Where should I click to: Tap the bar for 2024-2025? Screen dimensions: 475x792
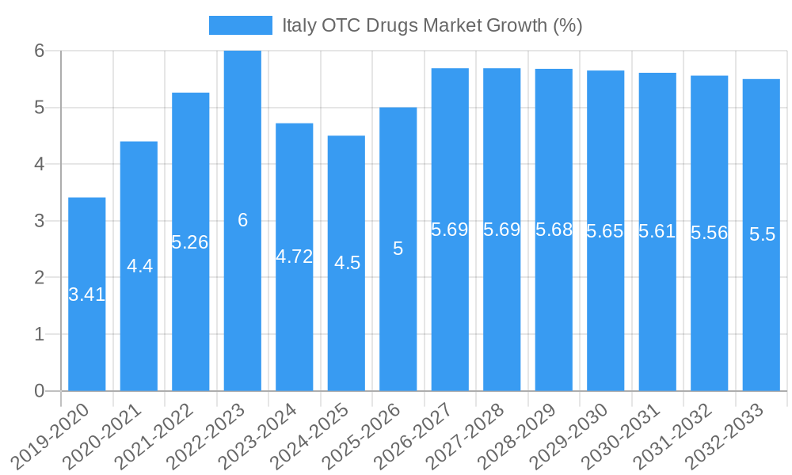coord(346,332)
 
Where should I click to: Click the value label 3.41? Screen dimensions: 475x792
coord(87,294)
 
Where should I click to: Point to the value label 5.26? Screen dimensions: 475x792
coord(190,242)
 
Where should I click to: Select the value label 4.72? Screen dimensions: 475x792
coord(294,256)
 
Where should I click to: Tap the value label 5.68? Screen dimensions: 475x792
coord(554,230)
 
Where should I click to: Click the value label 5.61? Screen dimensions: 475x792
coord(657,231)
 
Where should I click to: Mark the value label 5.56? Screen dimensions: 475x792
coord(709,233)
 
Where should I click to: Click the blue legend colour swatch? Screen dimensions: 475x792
coord(240,25)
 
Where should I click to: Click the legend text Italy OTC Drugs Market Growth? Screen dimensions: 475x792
coord(432,25)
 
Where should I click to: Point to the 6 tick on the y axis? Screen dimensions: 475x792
coord(38,51)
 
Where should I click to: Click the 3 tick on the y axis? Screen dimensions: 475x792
coord(38,221)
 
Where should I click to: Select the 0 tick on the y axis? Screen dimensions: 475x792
coord(38,391)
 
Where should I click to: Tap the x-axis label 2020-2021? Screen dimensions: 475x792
coord(102,435)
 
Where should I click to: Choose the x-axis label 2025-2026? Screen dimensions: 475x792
coord(362,435)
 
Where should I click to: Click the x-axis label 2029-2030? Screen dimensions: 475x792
coord(569,435)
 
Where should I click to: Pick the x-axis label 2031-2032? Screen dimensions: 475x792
coord(673,435)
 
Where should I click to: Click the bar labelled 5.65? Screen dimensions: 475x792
coord(605,317)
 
